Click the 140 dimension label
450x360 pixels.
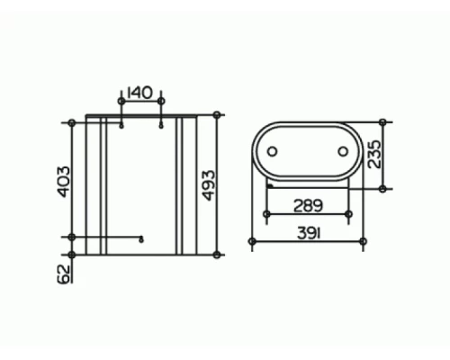click(x=139, y=93)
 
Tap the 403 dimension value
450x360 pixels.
click(x=63, y=182)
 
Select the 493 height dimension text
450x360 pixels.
click(x=208, y=185)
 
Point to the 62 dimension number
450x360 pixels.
click(x=63, y=274)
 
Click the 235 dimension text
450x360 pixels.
click(x=374, y=154)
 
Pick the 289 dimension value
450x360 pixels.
click(x=308, y=206)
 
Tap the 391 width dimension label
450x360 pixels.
click(x=309, y=233)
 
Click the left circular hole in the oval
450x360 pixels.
click(x=272, y=151)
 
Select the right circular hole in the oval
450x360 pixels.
click(x=343, y=151)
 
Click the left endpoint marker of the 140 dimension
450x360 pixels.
click(x=121, y=101)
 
